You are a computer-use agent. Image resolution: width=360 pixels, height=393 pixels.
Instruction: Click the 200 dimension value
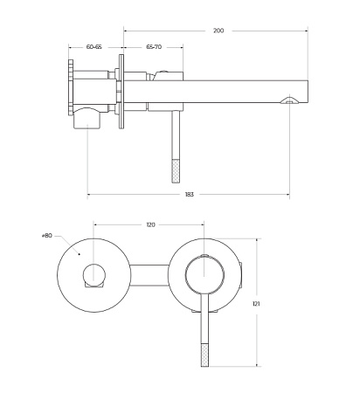[218, 31]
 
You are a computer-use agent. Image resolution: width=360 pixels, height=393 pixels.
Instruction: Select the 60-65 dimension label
[94, 46]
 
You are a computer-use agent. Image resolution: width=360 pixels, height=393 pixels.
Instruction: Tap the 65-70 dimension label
[154, 46]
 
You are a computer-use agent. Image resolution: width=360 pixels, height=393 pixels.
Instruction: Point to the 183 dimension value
[190, 195]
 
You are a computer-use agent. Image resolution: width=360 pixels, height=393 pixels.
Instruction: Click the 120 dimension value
[150, 224]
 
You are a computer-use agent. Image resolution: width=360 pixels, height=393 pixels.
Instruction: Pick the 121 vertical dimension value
[256, 304]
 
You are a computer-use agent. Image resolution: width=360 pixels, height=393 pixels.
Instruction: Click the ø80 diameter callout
[47, 236]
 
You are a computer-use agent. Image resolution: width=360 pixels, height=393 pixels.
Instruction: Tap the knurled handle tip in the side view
[176, 171]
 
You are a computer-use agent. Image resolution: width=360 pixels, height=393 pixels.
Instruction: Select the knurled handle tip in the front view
[204, 355]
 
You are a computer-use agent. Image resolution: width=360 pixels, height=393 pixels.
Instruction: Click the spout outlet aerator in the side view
[289, 100]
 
